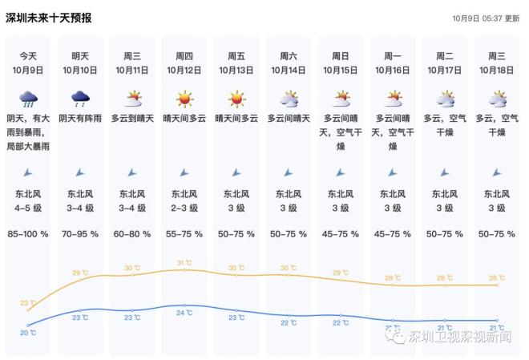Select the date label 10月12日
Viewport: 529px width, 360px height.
click(184, 71)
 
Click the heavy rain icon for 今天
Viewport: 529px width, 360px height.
click(28, 99)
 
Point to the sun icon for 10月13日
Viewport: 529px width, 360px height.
click(236, 99)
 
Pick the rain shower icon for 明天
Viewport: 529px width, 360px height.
click(80, 99)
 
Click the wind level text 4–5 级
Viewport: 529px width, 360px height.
click(28, 208)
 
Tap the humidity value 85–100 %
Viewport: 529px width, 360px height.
click(28, 235)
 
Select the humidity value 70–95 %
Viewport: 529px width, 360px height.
click(80, 235)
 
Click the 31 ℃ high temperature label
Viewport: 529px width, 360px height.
click(184, 263)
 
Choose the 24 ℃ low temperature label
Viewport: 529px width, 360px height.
click(184, 313)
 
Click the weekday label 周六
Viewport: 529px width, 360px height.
click(289, 55)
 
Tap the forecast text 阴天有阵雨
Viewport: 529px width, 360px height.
click(80, 118)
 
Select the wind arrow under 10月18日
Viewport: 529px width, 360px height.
click(497, 172)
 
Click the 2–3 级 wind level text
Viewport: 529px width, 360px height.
click(184, 208)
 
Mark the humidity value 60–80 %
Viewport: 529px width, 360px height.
click(132, 235)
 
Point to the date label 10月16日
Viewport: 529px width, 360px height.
click(393, 71)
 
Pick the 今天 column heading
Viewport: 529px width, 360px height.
click(28, 55)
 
